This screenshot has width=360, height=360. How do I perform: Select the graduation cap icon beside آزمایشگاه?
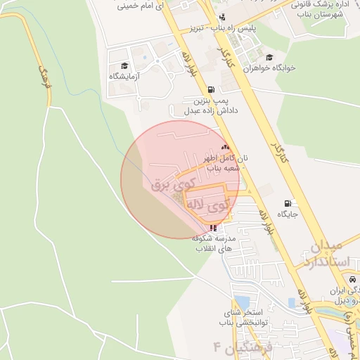tap(124, 65)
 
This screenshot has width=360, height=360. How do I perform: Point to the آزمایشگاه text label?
tap(124, 75)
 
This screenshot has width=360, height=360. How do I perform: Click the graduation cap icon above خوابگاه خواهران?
tap(269, 58)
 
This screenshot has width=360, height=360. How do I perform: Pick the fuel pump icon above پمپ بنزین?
tap(212, 90)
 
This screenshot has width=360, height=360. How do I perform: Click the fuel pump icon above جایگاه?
tap(288, 202)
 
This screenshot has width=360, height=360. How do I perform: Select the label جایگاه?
tap(288, 213)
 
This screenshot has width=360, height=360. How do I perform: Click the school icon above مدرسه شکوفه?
tap(213, 228)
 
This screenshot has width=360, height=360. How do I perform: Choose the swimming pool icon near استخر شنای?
tap(291, 302)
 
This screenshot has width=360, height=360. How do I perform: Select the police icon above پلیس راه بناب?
tap(222, 18)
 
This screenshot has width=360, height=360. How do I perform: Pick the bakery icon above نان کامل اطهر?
tap(225, 147)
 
